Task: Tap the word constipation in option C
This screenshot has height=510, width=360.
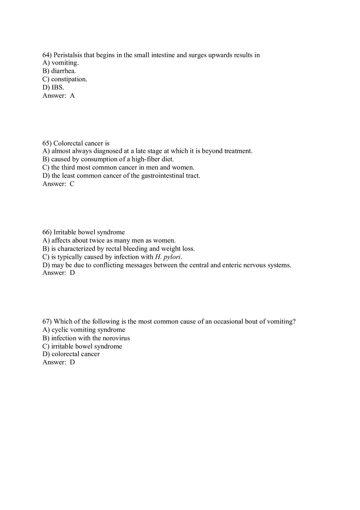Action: [69, 79]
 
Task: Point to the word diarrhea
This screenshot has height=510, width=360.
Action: [63, 71]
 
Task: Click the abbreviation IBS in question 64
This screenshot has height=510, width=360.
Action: [57, 88]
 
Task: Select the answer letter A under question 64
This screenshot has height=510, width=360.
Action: [72, 96]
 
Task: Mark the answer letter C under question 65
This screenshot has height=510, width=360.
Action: [72, 184]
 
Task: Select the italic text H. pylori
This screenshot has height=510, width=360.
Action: [168, 257]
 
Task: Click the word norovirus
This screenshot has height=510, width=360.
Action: [116, 338]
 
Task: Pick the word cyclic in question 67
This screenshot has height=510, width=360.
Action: [60, 330]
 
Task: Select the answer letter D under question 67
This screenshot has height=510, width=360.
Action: [72, 362]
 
